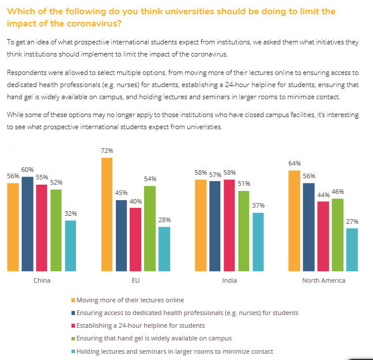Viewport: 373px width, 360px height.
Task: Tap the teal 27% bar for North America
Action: click(352, 249)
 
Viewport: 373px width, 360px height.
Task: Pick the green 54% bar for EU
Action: click(150, 228)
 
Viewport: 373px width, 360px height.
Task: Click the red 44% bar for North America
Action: click(323, 236)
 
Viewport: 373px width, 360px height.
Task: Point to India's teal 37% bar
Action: click(258, 242)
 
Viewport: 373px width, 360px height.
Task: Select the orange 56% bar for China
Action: click(13, 227)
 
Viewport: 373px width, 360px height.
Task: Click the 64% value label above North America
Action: click(294, 163)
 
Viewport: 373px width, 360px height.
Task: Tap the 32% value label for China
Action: click(70, 213)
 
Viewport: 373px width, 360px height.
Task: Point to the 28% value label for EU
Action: click(164, 220)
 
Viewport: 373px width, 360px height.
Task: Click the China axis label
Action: click(42, 280)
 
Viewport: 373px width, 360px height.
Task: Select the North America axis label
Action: click(323, 280)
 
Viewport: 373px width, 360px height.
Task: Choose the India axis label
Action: click(229, 280)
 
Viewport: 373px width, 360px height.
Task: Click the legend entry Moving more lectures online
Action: click(130, 300)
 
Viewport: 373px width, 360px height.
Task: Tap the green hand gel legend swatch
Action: click(73, 339)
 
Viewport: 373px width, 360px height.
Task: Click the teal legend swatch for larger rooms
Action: click(73, 351)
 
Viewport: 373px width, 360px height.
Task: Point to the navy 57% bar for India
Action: click(215, 226)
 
